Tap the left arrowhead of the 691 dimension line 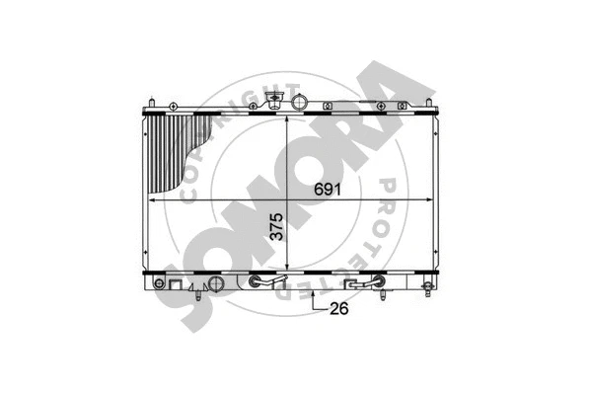tap(151, 200)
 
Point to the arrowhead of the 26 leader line tap(313, 293)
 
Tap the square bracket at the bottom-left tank tap(176, 285)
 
